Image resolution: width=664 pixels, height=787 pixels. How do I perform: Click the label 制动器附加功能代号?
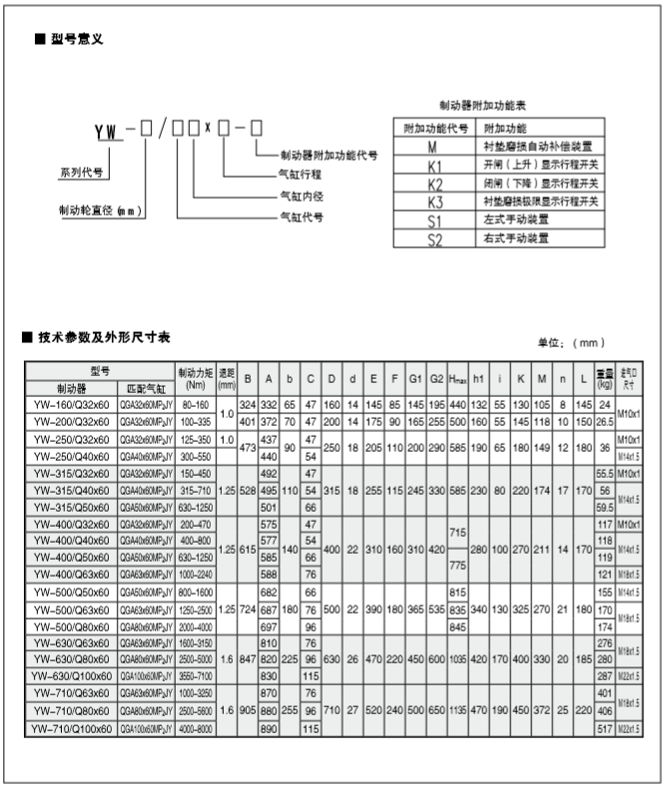[329, 155]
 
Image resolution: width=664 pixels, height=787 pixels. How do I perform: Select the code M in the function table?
[433, 146]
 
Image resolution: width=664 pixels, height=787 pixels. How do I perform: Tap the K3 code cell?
[433, 201]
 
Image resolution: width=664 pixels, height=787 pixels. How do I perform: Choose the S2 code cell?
[433, 239]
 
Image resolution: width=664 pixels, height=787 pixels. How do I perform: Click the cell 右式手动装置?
[515, 239]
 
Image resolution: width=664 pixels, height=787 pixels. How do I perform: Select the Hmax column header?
[458, 378]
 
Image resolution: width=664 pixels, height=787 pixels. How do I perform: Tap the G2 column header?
[436, 378]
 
